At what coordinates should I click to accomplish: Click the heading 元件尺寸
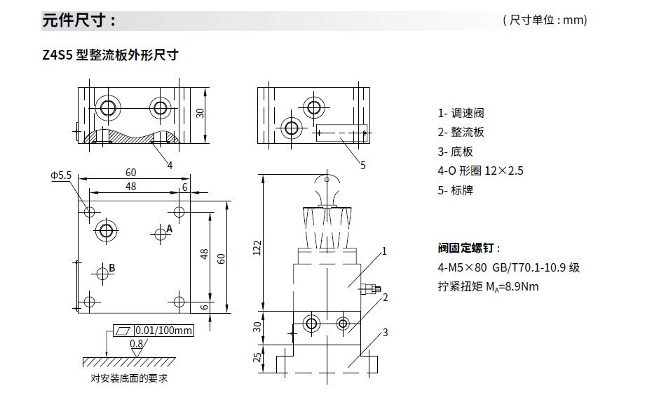click(79, 20)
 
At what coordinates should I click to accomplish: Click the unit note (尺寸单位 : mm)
click(545, 20)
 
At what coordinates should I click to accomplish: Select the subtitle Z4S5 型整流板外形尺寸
click(111, 55)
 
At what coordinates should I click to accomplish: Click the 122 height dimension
click(257, 246)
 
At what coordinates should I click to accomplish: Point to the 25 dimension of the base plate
click(257, 357)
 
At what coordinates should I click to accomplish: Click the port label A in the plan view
click(170, 229)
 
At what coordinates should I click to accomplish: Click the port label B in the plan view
click(112, 267)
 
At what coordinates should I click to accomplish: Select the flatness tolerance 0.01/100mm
click(164, 331)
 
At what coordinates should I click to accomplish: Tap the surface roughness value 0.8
click(137, 344)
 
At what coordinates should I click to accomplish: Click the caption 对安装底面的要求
click(130, 379)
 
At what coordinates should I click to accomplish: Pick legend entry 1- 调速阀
click(461, 113)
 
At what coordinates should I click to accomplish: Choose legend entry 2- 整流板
click(461, 132)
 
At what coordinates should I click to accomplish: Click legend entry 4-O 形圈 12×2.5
click(480, 171)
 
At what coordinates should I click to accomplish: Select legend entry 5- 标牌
click(455, 190)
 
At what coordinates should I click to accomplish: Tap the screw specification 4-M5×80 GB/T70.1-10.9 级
click(508, 267)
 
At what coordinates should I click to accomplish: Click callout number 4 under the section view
click(170, 165)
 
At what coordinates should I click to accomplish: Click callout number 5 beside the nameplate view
click(362, 166)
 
